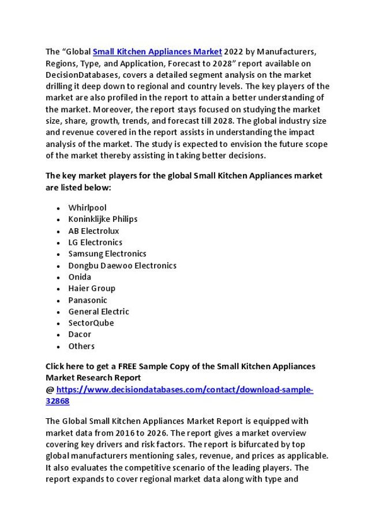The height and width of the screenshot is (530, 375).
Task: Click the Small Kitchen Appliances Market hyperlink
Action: click(157, 52)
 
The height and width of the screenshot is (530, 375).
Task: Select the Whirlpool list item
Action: click(87, 207)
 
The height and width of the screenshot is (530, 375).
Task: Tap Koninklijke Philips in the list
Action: click(103, 219)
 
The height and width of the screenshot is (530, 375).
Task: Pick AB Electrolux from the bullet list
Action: click(93, 230)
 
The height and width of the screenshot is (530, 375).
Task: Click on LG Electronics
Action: click(95, 242)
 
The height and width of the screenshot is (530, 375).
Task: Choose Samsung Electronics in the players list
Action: click(107, 253)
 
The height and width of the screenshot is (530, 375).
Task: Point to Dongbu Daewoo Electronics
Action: click(122, 266)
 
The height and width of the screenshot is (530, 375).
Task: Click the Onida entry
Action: click(80, 277)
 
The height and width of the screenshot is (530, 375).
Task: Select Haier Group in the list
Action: click(92, 288)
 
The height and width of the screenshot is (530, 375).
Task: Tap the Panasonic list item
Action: click(88, 300)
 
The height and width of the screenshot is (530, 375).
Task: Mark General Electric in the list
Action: click(99, 312)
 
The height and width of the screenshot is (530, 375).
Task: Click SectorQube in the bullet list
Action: click(91, 323)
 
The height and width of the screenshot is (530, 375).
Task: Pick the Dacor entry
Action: click(80, 334)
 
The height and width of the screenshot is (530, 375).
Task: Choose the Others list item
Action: click(81, 346)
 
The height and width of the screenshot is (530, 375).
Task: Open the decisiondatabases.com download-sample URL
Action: click(185, 390)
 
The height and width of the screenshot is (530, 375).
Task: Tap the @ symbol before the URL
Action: click(50, 390)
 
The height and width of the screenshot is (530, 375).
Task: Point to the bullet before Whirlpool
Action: click(59, 208)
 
